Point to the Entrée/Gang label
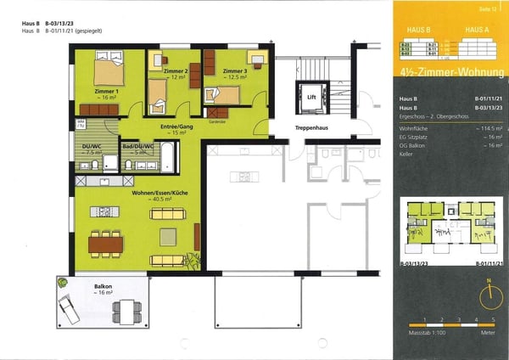173,127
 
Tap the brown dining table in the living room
106,245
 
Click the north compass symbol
489,296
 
